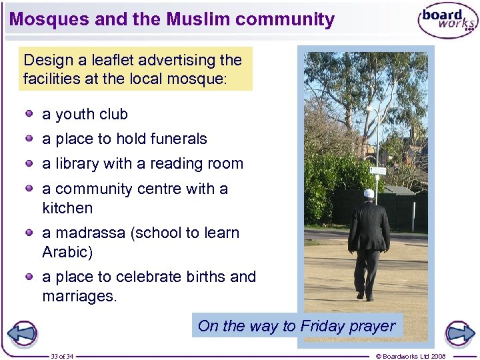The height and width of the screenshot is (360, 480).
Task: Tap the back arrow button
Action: point(22,333)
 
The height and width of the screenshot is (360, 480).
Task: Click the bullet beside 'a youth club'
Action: point(30,113)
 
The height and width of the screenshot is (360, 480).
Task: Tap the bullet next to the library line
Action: point(30,163)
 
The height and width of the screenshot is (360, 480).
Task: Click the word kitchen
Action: point(67,208)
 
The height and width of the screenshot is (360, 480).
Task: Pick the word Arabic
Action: point(65,252)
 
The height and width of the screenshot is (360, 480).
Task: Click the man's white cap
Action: point(369,193)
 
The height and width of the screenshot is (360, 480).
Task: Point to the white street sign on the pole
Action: point(378,171)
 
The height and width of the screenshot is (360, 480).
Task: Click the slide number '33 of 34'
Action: point(62,356)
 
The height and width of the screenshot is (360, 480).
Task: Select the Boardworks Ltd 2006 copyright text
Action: point(411,356)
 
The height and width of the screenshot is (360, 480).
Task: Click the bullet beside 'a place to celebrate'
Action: point(30,276)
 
